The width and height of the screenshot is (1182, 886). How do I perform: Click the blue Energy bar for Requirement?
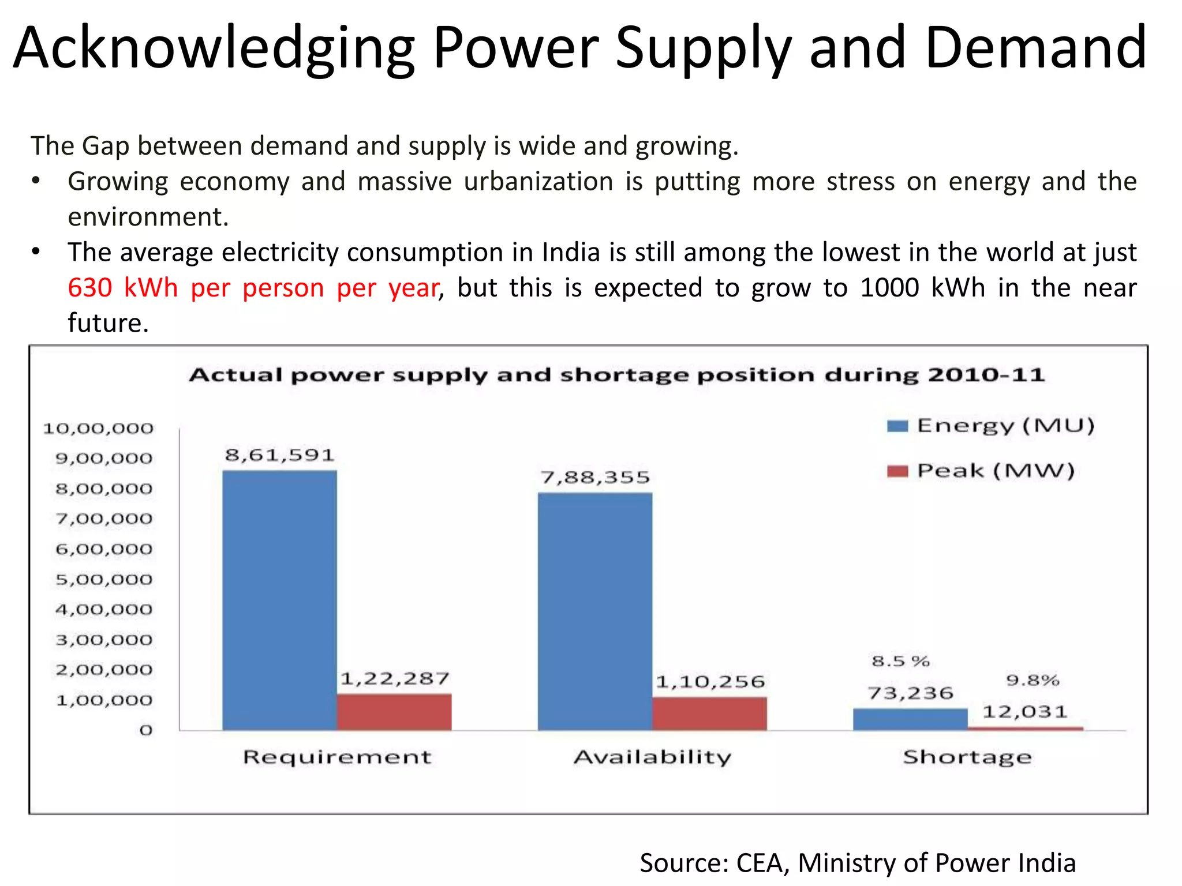pos(279,600)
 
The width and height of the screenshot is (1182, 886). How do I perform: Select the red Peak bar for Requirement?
pos(394,712)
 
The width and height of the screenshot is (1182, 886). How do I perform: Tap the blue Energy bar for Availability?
pos(595,611)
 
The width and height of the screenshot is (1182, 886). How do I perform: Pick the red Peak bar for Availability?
pos(709,714)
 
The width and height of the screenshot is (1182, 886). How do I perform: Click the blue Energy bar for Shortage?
pos(910,719)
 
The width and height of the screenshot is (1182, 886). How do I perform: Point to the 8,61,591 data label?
pos(279,455)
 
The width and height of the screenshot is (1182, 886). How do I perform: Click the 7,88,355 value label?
pos(595,477)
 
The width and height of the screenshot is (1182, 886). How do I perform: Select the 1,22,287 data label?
pos(395,678)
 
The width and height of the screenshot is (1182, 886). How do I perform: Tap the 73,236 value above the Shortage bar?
pos(910,693)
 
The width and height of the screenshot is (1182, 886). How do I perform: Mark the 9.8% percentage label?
pos(1033,681)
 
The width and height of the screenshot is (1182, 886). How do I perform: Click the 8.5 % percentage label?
pos(900,661)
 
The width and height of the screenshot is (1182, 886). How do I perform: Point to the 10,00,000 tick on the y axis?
pos(99,429)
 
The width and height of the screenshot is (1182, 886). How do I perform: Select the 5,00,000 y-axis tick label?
pos(104,580)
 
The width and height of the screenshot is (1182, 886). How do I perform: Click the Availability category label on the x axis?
pos(652,757)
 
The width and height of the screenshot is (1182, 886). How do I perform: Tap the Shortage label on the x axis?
pos(967,757)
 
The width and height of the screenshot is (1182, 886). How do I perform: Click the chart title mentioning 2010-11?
pos(616,375)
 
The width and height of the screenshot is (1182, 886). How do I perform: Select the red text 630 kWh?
pos(122,287)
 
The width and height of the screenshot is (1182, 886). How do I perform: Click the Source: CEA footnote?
pos(857,863)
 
